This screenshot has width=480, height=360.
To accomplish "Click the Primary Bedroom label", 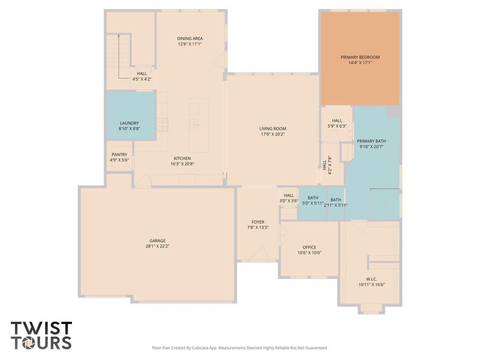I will click(360, 57).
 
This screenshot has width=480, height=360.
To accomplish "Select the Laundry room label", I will click(129, 123).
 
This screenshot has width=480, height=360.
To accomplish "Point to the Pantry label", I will click(119, 154).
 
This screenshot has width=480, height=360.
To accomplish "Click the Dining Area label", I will click(190, 38).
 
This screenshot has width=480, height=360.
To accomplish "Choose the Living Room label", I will click(272, 128).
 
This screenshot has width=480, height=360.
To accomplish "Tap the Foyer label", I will click(258, 222).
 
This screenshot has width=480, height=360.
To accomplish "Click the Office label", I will click(309, 247).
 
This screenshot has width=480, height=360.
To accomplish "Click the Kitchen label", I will click(182, 158).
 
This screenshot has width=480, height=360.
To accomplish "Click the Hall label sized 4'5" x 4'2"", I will click(142, 73).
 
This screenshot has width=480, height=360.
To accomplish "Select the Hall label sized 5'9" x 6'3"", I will click(337, 120).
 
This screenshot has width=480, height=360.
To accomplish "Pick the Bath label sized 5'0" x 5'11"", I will click(313, 199).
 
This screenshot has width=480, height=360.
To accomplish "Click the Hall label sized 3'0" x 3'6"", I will click(289, 195).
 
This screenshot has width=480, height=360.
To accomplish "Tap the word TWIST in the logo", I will click(41, 328).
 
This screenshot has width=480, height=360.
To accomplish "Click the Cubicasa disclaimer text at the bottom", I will click(240, 347).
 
